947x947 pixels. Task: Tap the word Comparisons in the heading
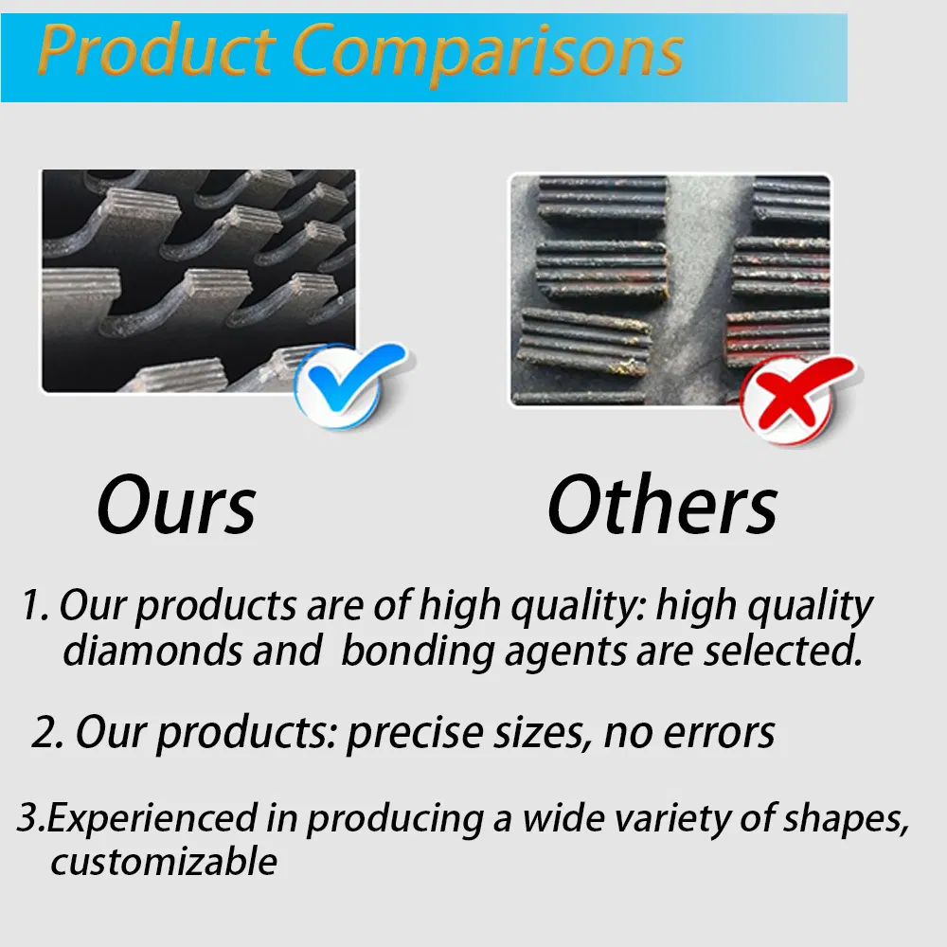[487, 52]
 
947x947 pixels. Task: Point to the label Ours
[176, 507]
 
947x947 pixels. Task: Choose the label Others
[662, 507]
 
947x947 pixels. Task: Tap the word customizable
[163, 862]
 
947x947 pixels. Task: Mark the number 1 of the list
[33, 606]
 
